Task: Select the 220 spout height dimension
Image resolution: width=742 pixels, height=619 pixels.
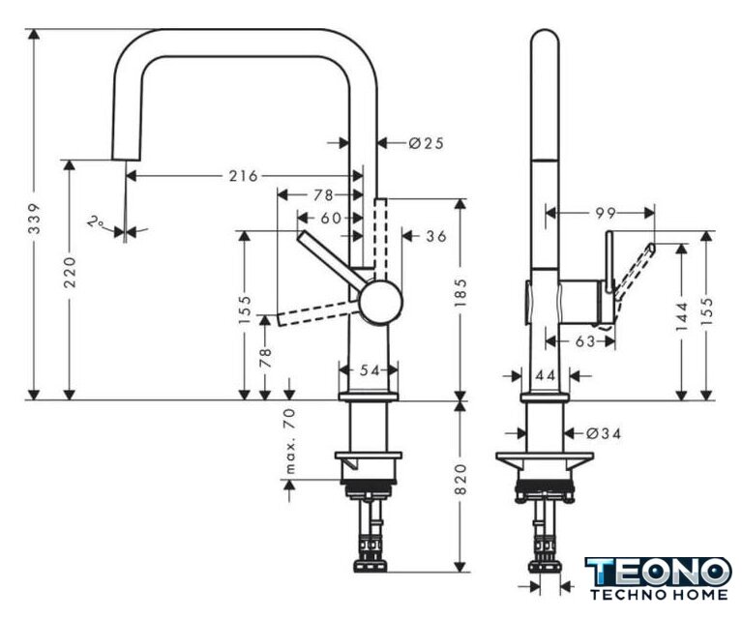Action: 70,272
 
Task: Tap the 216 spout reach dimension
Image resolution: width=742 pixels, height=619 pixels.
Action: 244,176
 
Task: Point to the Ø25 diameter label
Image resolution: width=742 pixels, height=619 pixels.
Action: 427,142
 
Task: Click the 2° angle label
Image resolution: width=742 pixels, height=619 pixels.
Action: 96,221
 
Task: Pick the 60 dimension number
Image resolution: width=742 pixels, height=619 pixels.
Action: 331,219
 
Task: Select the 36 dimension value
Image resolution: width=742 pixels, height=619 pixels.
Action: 436,236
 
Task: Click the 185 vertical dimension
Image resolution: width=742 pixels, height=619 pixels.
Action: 460,292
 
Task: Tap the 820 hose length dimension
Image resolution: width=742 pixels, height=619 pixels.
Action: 460,480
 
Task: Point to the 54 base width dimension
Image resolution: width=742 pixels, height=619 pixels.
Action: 370,370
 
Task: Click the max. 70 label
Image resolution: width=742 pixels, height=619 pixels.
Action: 290,441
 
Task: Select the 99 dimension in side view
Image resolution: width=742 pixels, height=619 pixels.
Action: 606,214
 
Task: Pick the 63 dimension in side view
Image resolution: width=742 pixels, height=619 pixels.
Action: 584,340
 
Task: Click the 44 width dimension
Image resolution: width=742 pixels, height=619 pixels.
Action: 546,375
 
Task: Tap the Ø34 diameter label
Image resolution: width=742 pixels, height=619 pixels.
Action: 604,433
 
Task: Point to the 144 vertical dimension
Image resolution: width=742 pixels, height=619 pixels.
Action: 682,316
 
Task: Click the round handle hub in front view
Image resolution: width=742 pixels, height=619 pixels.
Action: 380,302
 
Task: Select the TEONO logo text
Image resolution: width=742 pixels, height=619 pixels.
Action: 658,572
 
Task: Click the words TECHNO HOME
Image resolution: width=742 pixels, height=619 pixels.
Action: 659,594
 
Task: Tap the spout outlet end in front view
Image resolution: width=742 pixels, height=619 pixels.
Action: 126,160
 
